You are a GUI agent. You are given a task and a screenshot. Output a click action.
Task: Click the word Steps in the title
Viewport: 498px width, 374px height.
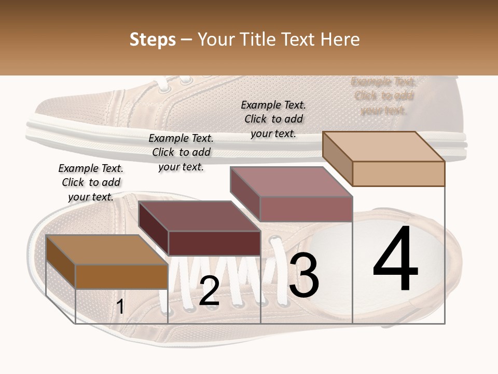tap(153, 39)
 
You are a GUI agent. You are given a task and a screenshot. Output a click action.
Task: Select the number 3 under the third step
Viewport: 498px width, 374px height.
tap(304, 276)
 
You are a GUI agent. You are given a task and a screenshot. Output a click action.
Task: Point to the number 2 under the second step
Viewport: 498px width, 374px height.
tap(209, 291)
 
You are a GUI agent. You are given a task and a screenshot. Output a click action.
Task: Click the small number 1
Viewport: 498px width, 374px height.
tap(120, 307)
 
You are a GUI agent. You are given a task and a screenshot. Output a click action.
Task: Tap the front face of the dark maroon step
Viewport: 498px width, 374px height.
tap(214, 243)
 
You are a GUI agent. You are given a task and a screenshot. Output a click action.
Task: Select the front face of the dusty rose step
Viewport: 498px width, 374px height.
tap(306, 209)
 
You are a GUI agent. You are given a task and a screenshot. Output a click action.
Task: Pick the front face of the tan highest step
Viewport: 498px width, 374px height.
tap(398, 173)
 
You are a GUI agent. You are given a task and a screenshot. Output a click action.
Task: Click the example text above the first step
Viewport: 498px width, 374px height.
tap(91, 182)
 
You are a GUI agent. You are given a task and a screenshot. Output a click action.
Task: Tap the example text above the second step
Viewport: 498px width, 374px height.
tap(181, 152)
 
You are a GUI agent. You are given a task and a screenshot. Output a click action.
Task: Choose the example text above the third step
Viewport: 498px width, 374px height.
tap(273, 119)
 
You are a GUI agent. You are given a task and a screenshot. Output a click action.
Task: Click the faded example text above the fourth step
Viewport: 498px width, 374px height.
tap(383, 96)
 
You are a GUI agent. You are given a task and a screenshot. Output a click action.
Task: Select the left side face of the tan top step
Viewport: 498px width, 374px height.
tap(337, 159)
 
